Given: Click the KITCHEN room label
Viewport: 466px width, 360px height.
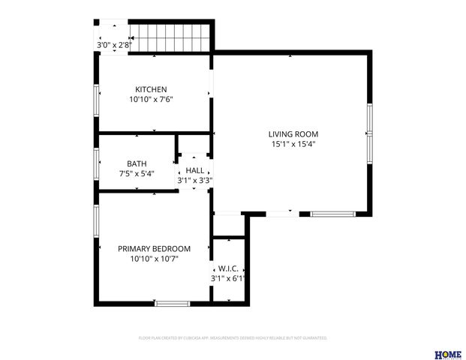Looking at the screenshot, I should [x=151, y=88].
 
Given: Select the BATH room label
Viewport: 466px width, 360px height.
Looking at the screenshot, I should [x=137, y=163].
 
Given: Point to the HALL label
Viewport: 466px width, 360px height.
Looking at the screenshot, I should [x=194, y=171].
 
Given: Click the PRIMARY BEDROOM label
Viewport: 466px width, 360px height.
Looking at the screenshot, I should [x=154, y=248].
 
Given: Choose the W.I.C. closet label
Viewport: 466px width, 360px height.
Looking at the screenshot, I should [x=227, y=268].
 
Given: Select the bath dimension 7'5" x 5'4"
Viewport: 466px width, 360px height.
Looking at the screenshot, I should [x=137, y=173].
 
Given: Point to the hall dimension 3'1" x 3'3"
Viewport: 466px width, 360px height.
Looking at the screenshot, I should [x=194, y=180].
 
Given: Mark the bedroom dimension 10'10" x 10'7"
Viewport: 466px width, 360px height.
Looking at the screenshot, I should [x=154, y=259].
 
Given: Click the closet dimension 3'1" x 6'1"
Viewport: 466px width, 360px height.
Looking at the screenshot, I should [x=228, y=278].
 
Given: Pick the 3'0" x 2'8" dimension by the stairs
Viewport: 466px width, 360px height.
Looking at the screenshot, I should [x=114, y=45].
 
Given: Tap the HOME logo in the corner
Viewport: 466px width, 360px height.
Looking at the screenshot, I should [x=448, y=354].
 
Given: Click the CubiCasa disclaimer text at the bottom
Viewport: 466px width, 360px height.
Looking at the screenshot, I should [x=233, y=338].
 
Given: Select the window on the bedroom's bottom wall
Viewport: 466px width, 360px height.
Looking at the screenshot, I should [x=172, y=303].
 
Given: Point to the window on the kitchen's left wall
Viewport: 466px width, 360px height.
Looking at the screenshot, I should [x=96, y=100].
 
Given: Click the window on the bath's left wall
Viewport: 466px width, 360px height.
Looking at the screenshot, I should [x=96, y=161].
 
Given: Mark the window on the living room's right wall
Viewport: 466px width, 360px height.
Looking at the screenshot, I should [x=369, y=133].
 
